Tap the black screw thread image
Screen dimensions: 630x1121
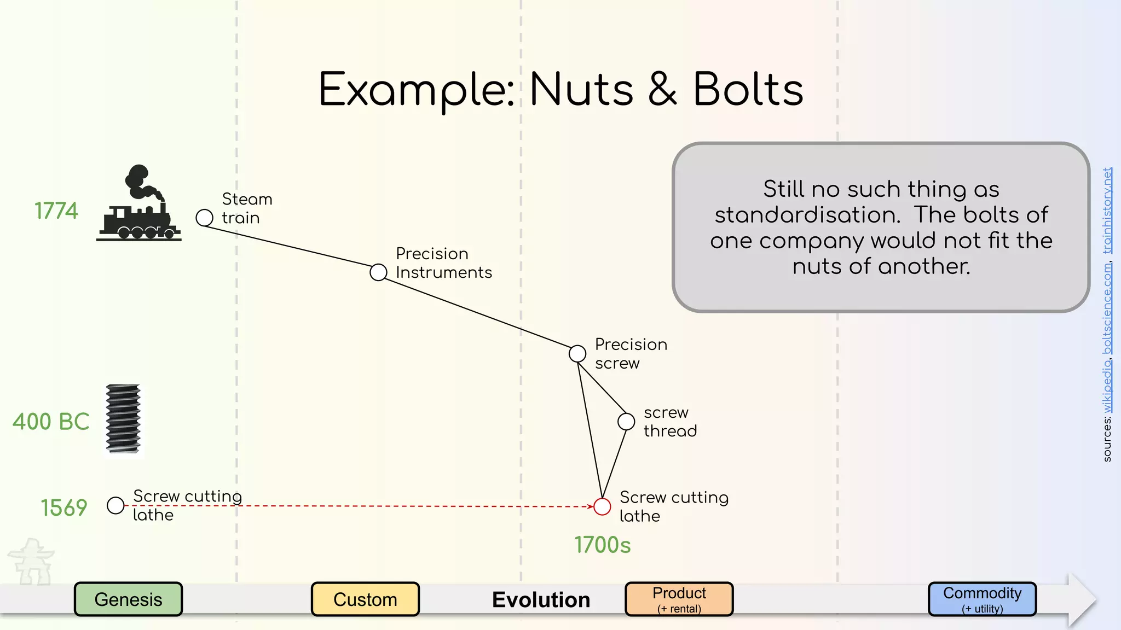click(x=123, y=419)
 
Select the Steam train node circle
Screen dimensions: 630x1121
click(x=204, y=218)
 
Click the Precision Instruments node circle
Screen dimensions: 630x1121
click(x=378, y=272)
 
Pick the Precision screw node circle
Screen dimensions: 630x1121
click(x=577, y=354)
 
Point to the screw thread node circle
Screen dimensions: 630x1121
click(x=626, y=422)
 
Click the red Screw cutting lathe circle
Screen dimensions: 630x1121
click(x=602, y=506)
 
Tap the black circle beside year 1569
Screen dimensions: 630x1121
click(x=115, y=505)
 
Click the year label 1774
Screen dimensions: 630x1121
click(x=56, y=211)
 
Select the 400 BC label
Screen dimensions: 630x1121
click(x=51, y=422)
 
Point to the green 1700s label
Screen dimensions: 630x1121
click(x=602, y=545)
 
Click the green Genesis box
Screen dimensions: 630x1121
click(x=128, y=599)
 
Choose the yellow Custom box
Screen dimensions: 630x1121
click(x=365, y=599)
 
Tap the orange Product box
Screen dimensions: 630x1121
click(x=679, y=599)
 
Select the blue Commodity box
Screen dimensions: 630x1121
click(x=982, y=599)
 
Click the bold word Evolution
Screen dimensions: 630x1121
click(x=541, y=600)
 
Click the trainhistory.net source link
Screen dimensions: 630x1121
click(x=1107, y=211)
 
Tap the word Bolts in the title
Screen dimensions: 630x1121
click(x=748, y=90)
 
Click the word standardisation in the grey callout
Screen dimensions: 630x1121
click(x=807, y=215)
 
